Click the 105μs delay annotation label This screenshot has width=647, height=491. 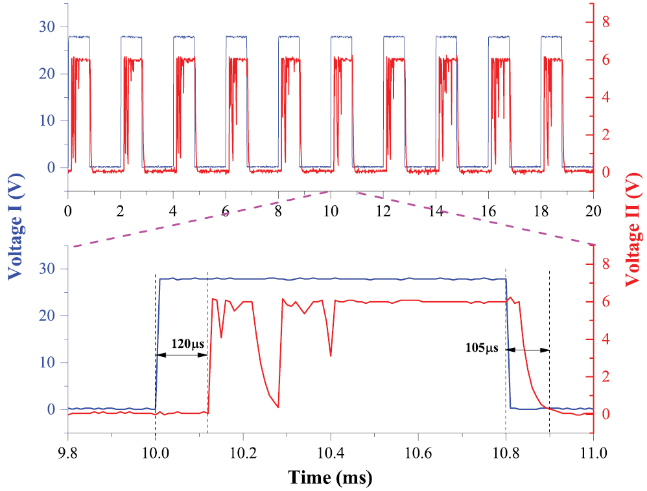click(482, 348)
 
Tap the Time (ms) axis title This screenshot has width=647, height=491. click(331, 478)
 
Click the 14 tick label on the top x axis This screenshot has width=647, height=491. click(436, 211)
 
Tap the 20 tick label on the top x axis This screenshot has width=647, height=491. click(593, 211)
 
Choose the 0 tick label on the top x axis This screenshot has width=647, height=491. click(67, 211)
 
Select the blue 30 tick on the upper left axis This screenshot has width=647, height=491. click(46, 27)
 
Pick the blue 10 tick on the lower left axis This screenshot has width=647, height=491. click(46, 362)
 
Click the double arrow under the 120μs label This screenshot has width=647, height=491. click(182, 355)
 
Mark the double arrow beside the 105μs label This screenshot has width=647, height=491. click(528, 350)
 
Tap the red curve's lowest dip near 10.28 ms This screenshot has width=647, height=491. click(277, 407)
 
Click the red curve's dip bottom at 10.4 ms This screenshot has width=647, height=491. click(331, 356)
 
